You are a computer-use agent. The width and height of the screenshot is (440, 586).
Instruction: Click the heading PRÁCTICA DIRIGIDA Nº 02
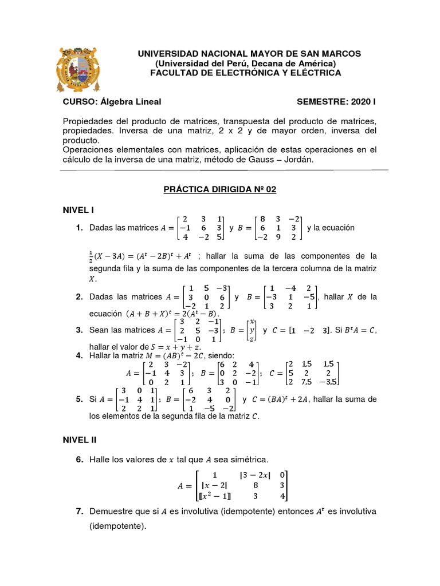click(x=221, y=190)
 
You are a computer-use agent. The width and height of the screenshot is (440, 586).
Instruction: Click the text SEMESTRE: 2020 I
click(x=336, y=102)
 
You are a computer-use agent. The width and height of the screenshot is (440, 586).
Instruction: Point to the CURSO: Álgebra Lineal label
click(x=112, y=102)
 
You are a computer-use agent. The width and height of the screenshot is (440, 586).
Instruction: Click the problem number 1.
click(x=79, y=228)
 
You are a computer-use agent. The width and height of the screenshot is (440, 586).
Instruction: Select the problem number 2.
click(x=79, y=296)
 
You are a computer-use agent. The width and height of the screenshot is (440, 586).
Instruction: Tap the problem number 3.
click(x=79, y=330)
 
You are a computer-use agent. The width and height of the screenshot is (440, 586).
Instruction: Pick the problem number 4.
click(x=79, y=355)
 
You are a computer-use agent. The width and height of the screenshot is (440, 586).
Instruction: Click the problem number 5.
click(x=79, y=399)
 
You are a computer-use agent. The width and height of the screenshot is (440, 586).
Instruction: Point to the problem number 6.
click(x=79, y=460)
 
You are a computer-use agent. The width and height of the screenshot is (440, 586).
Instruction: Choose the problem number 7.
click(x=79, y=511)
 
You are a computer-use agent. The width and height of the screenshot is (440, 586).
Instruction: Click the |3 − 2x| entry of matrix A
click(x=254, y=474)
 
